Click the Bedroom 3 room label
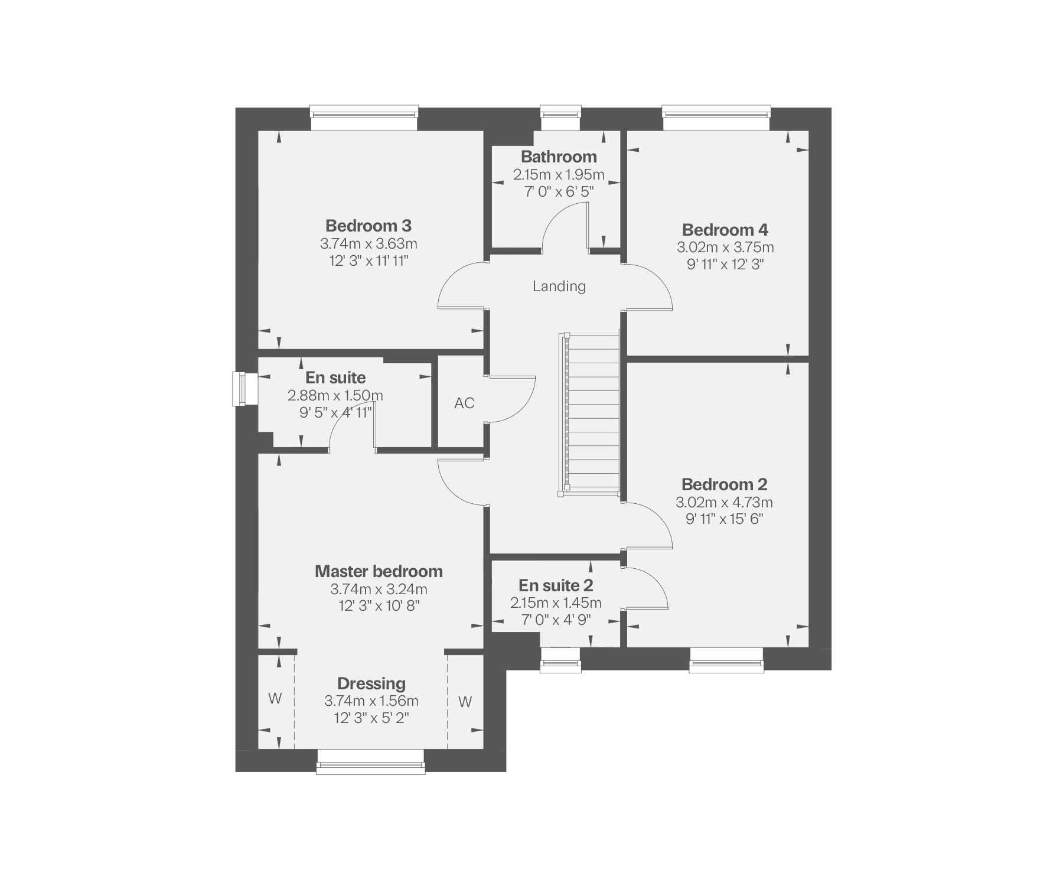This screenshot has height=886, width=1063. pyautogui.click(x=369, y=226)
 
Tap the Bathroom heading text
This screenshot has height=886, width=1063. pyautogui.click(x=559, y=157)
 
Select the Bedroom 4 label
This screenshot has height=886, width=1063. pyautogui.click(x=725, y=230)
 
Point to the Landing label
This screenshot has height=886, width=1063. pyautogui.click(x=559, y=286)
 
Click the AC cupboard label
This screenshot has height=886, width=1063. pyautogui.click(x=464, y=403)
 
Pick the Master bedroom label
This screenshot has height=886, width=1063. pyautogui.click(x=379, y=571)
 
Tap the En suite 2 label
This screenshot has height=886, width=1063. pyautogui.click(x=556, y=585)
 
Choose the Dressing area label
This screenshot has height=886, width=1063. pyautogui.click(x=371, y=683)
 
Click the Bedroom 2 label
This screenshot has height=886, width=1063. pyautogui.click(x=725, y=484)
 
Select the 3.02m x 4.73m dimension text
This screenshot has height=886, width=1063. pyautogui.click(x=725, y=503)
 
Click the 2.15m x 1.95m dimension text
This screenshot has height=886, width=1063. pyautogui.click(x=559, y=175)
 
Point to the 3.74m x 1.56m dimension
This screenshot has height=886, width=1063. pyautogui.click(x=371, y=701)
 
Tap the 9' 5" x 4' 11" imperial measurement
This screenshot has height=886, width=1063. pyautogui.click(x=335, y=412)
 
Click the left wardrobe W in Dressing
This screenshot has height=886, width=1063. pyautogui.click(x=275, y=699)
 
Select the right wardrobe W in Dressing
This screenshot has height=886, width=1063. pyautogui.click(x=465, y=702)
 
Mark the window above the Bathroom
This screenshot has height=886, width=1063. pyautogui.click(x=561, y=118)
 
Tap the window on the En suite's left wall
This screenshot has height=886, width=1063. pyautogui.click(x=245, y=389)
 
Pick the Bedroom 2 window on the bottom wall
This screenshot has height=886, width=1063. pyautogui.click(x=726, y=660)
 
